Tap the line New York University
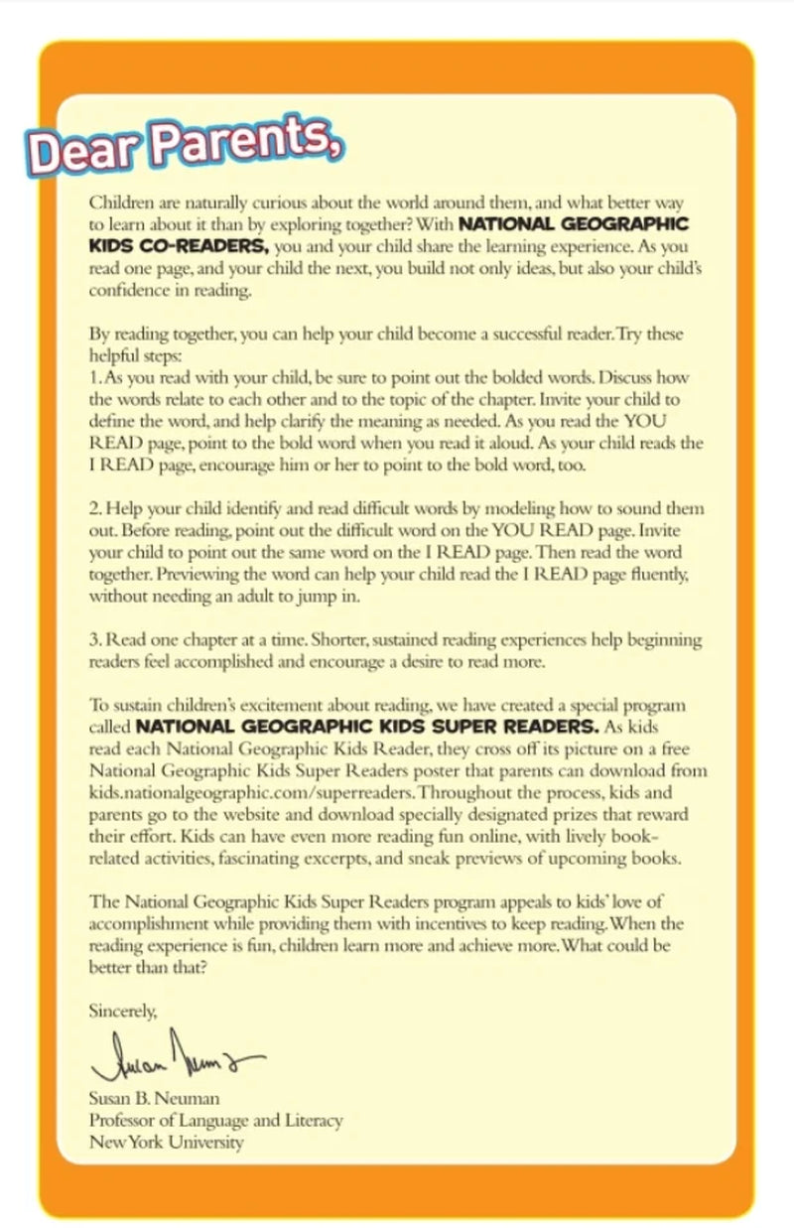pyautogui.click(x=166, y=1142)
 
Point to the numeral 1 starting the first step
pyautogui.click(x=92, y=378)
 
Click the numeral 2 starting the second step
pyautogui.click(x=93, y=508)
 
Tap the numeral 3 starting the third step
pyautogui.click(x=93, y=639)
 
